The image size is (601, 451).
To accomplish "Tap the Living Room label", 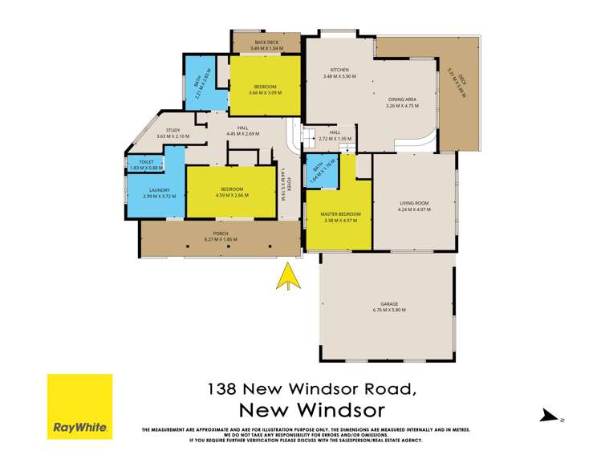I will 416,203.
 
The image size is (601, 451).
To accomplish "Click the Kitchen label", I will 339,70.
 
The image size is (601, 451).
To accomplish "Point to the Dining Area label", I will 404,99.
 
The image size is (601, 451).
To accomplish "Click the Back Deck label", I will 266,43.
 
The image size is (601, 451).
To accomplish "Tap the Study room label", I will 173,130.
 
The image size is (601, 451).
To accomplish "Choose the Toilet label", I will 145,161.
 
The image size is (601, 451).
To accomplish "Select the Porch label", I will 220,234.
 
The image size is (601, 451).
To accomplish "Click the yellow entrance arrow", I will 287,277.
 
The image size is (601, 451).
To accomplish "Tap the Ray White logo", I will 79,406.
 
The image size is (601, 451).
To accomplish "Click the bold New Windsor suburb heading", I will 312,409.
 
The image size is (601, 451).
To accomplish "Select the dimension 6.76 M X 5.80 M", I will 388,310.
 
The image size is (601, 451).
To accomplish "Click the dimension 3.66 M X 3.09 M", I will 266,92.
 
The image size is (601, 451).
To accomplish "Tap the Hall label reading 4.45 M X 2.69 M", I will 242,133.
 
